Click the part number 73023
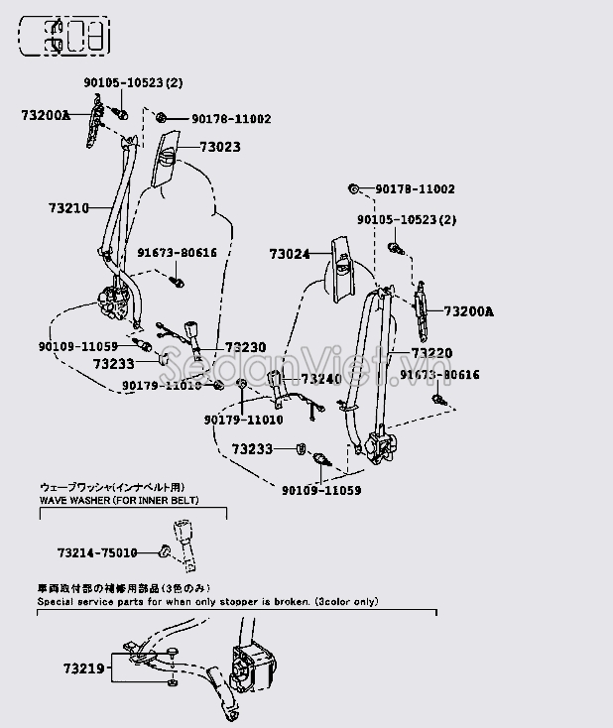219,147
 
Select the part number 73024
289,254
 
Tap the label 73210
68,208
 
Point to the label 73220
431,353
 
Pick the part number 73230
245,347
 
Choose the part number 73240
320,379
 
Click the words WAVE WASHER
76,501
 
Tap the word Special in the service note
57,602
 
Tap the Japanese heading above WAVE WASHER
111,488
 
